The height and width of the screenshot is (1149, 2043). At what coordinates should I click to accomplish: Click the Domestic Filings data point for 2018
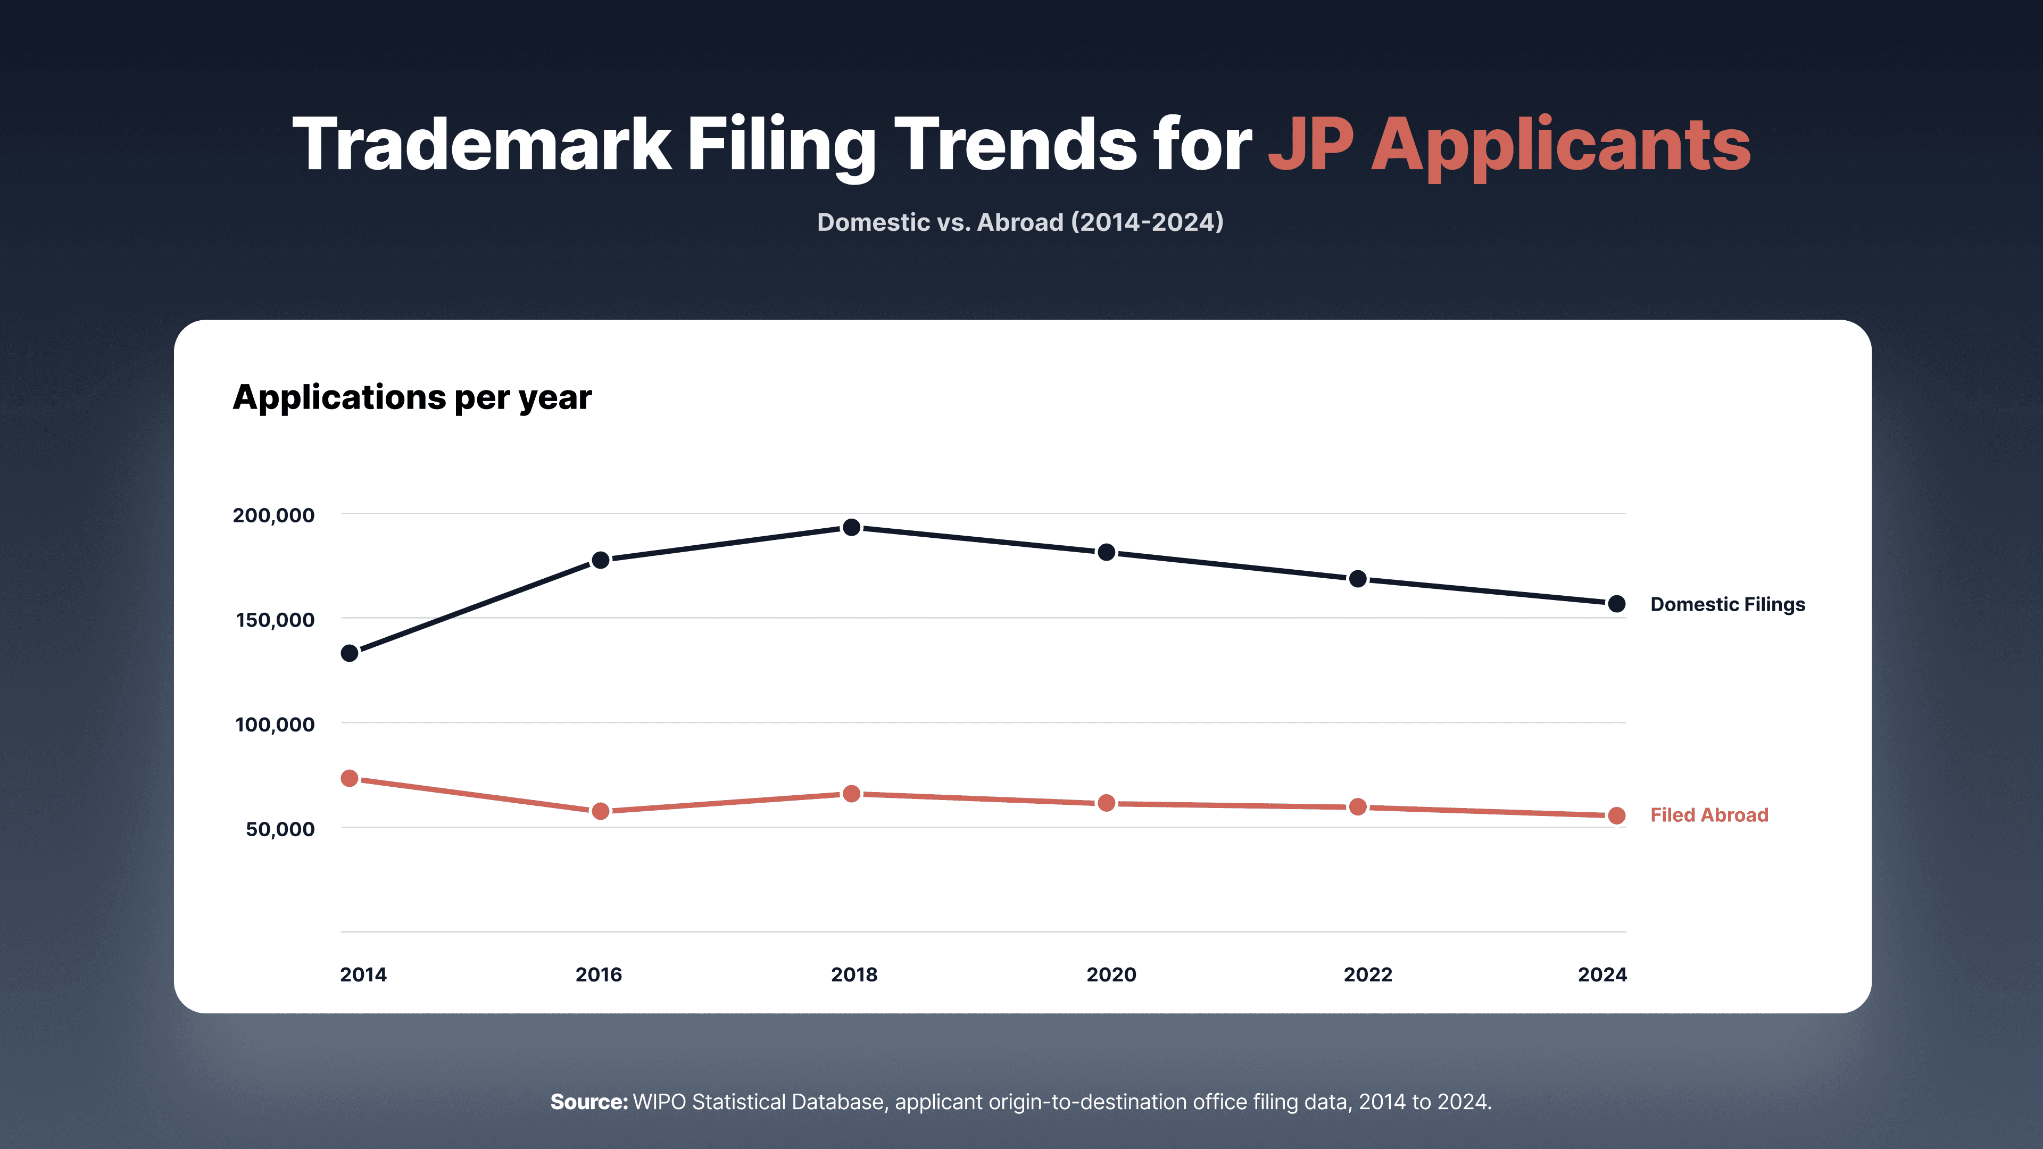[x=851, y=527]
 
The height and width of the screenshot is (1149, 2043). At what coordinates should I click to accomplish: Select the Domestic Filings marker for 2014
[x=350, y=653]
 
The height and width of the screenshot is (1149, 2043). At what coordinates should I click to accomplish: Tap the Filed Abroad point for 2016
[x=600, y=811]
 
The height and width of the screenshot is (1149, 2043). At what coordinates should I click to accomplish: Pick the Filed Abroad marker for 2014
[x=350, y=779]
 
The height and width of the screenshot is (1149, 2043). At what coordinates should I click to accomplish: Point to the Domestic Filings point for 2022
[x=1358, y=579]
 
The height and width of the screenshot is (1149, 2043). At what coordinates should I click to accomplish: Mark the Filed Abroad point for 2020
[x=1107, y=803]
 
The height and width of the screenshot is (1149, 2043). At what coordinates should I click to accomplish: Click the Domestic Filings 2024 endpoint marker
[x=1616, y=604]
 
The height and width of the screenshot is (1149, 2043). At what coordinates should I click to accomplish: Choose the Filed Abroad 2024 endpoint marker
[x=1616, y=816]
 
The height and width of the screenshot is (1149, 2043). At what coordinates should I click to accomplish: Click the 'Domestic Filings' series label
[x=1728, y=605]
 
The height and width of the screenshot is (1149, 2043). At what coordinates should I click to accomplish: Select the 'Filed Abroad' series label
[x=1709, y=815]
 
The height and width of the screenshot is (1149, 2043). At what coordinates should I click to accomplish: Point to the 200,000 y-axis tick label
[x=273, y=515]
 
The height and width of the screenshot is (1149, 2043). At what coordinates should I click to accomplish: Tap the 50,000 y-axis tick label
[x=280, y=829]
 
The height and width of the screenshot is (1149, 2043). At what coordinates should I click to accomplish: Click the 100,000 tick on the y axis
[x=275, y=725]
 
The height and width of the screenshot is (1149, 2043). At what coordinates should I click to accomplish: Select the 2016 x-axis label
[x=599, y=975]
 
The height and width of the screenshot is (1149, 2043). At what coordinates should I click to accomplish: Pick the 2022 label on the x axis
[x=1368, y=975]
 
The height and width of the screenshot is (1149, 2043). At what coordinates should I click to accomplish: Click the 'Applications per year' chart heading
[x=412, y=398]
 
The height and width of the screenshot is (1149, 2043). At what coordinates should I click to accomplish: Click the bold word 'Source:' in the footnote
[x=589, y=1102]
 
